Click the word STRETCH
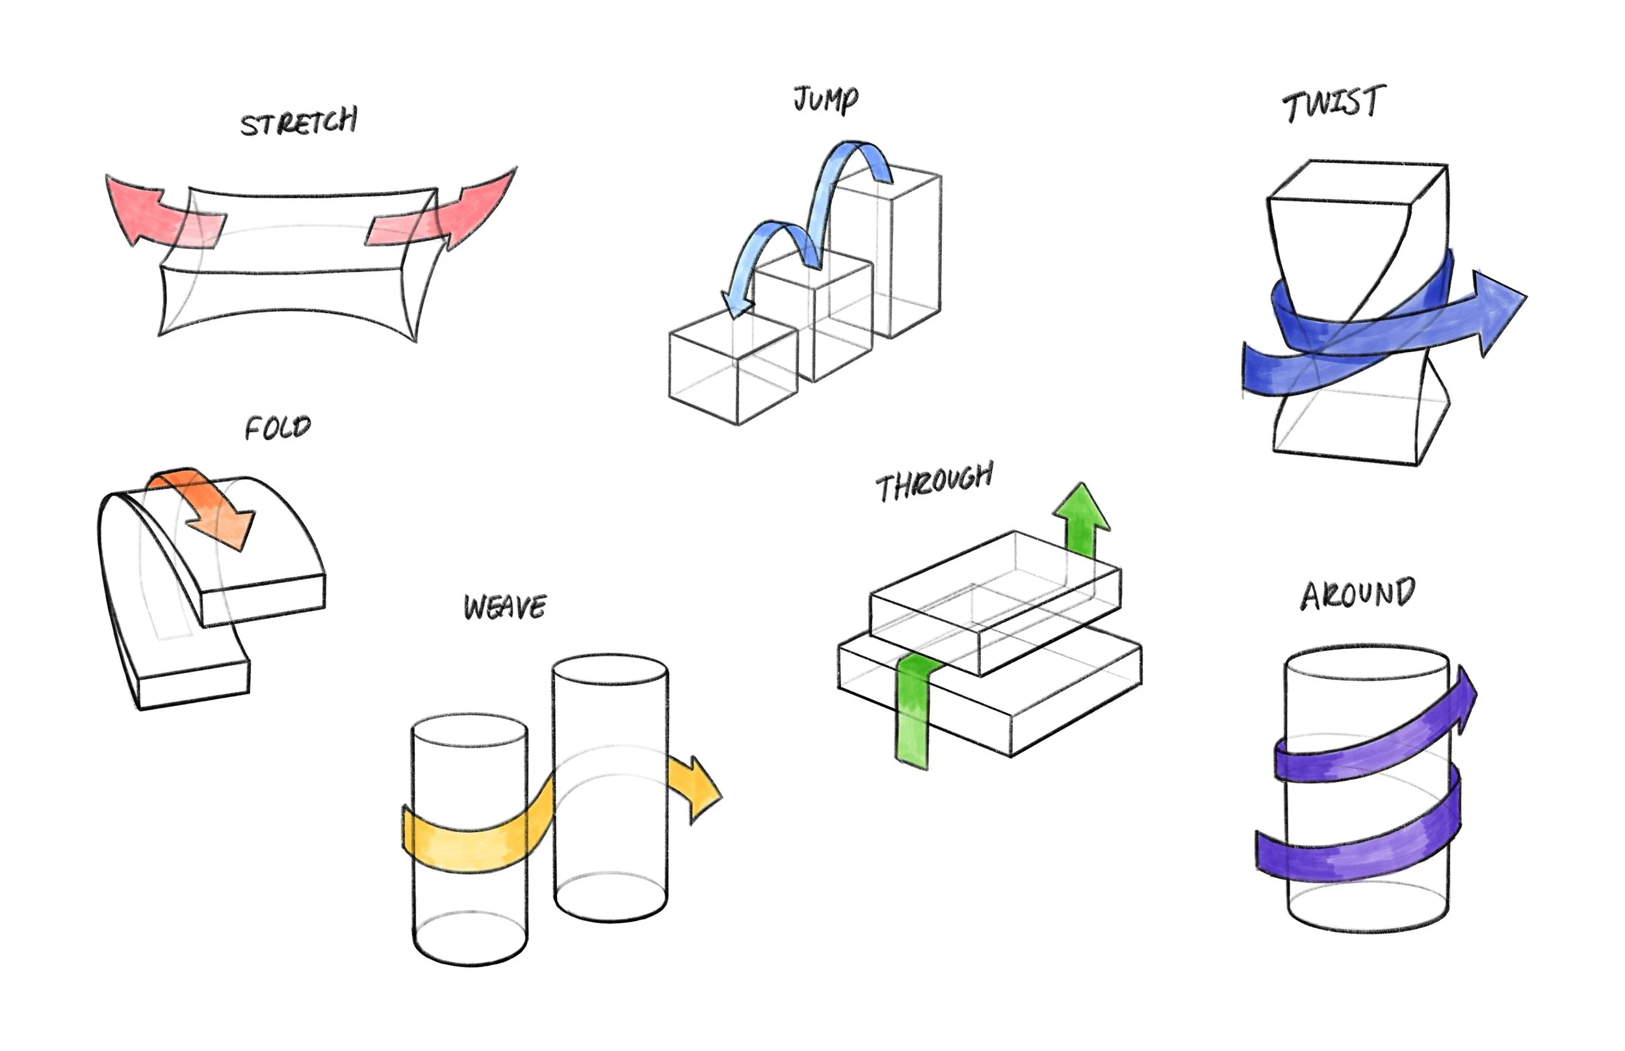tap(298, 123)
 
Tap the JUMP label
tap(825, 100)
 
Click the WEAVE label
tap(504, 607)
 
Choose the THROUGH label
tap(934, 482)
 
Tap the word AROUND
tap(1357, 594)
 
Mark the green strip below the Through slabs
tap(912, 716)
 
